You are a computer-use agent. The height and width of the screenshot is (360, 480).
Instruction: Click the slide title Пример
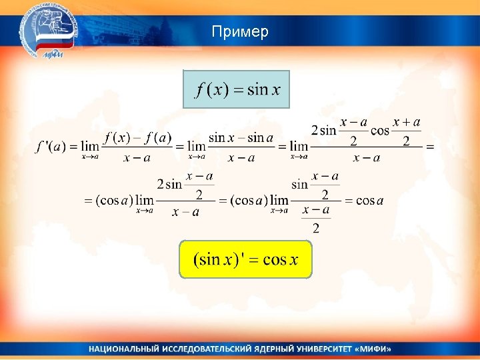point(240,32)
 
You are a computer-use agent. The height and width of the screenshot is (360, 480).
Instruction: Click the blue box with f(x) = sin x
point(237,89)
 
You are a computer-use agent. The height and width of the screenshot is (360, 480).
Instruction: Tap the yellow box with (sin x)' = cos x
point(245,259)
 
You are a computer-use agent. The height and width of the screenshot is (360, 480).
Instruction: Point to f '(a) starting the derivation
point(51,147)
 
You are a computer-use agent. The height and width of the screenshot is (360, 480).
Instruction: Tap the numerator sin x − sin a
point(241,138)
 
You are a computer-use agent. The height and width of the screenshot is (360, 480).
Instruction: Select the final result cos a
point(370,201)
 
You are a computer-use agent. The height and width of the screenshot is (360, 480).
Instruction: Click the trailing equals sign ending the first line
point(429,147)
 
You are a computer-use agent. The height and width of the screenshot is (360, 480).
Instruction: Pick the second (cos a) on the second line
point(249,201)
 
